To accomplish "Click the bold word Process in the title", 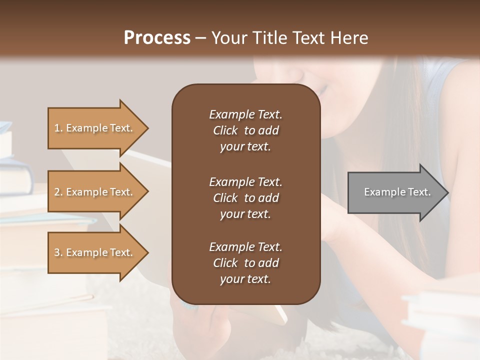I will coord(157,38).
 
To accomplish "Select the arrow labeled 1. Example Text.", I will coord(95,128).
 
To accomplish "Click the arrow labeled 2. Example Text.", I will coord(95,192).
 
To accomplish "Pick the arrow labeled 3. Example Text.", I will coord(95,252).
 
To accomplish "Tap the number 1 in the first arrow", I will coord(57,128).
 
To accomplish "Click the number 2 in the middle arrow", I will coord(57,192).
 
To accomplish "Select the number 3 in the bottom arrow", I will coord(57,252).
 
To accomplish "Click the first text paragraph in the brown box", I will coord(245,130).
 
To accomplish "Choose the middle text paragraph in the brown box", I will coord(245,198).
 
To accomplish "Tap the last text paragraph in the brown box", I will coord(245,263).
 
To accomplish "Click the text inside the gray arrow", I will coord(397,192).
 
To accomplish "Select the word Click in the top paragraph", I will coord(225,130).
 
